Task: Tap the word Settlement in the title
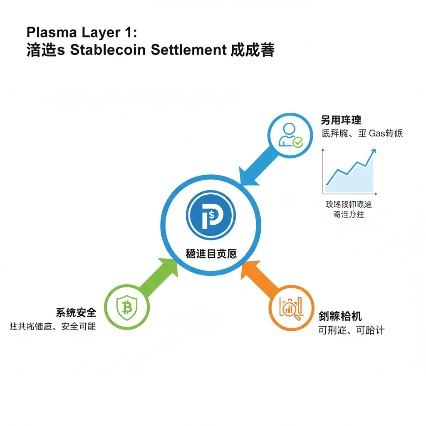pos(188,50)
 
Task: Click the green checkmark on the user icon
pos(298,143)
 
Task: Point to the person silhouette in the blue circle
pos(287,134)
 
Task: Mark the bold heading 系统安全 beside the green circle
pos(76,312)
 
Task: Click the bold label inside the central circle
pos(211,253)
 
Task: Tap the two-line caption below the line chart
pos(348,210)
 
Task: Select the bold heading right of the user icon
pos(341,120)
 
